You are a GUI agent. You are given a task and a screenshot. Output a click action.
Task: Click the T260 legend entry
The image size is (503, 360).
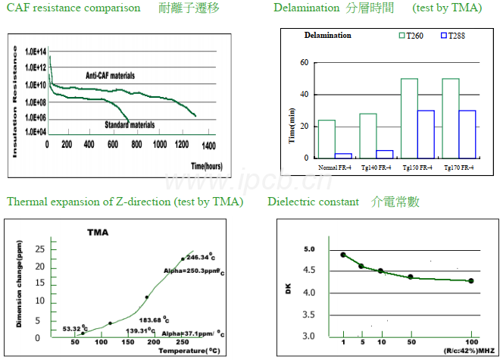click(x=414, y=36)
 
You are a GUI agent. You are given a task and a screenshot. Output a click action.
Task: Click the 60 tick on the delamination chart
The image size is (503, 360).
click(x=305, y=62)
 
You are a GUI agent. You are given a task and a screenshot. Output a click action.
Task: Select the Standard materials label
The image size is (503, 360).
click(x=130, y=124)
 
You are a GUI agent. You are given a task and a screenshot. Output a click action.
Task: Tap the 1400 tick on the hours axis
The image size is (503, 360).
click(x=209, y=145)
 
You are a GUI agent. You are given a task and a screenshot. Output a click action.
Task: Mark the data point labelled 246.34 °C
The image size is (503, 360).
click(x=183, y=258)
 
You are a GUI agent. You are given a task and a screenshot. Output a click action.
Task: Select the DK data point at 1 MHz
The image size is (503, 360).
click(x=343, y=255)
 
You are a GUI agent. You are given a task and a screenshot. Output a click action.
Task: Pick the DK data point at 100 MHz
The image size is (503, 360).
click(x=470, y=281)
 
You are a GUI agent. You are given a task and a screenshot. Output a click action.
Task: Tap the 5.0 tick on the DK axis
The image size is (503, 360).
click(x=309, y=249)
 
